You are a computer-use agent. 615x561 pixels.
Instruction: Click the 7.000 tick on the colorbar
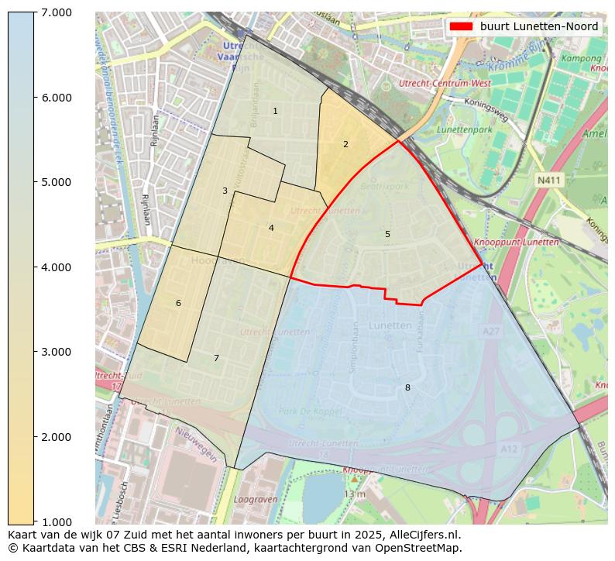click(52, 12)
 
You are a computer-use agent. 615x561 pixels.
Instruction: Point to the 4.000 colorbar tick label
click(52, 267)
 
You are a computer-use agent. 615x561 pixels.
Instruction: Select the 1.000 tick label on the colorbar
click(52, 521)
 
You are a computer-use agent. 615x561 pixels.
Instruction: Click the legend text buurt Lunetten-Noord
click(538, 26)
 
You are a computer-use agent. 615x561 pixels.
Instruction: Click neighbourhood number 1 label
click(275, 112)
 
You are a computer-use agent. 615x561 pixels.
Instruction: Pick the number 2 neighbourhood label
click(345, 144)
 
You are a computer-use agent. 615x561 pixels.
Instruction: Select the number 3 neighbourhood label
click(225, 191)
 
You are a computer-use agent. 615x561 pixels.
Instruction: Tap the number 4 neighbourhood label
click(271, 228)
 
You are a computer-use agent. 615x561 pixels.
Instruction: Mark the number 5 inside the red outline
click(387, 234)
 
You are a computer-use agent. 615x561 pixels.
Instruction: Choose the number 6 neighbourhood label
click(178, 303)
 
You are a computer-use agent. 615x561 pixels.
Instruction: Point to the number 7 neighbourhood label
click(216, 358)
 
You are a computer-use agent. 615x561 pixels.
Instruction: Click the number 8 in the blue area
click(407, 387)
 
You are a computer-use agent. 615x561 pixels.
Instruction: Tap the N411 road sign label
click(548, 180)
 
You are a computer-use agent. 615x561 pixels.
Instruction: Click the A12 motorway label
click(508, 449)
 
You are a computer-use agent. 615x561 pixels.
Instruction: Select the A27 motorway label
click(491, 331)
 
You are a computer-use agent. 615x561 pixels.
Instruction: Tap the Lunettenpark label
click(464, 130)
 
